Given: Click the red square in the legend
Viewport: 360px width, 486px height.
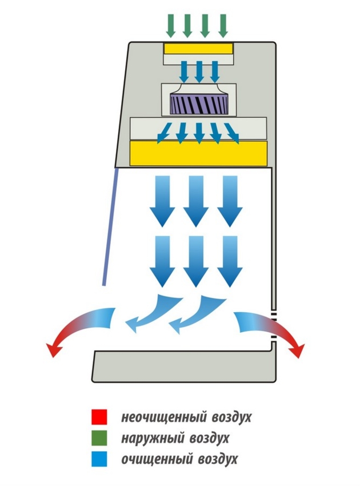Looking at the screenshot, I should (98, 416).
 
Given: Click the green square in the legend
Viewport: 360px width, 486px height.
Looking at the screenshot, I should (98, 438).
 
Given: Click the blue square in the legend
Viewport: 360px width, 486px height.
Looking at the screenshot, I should (98, 459).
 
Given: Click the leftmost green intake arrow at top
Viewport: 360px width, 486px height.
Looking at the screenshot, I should (170, 24).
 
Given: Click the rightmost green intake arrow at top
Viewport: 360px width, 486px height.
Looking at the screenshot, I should (223, 24).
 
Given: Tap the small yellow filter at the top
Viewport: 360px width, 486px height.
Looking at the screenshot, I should (198, 47).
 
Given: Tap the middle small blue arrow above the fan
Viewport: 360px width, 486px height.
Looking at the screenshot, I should (199, 71).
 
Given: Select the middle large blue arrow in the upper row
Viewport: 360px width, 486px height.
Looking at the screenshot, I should (194, 200).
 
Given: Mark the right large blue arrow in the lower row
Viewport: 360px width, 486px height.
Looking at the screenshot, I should (229, 260).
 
